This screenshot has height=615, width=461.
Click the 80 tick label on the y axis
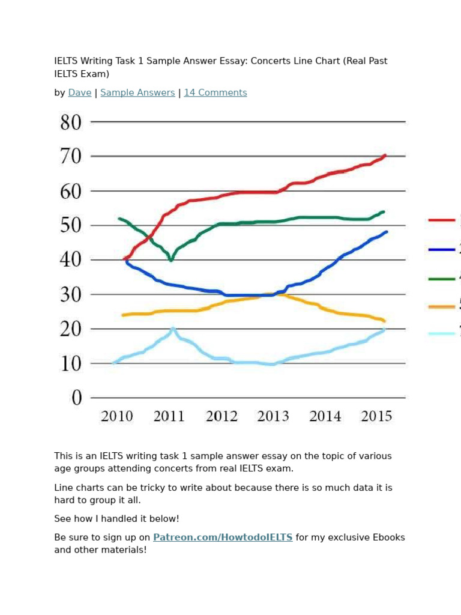click(x=70, y=123)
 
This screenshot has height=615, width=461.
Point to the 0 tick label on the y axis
click(x=76, y=398)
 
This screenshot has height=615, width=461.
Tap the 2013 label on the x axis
click(x=273, y=416)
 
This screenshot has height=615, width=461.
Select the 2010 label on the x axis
click(x=116, y=416)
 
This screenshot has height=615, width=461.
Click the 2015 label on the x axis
click(x=376, y=416)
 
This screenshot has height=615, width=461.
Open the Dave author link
click(x=80, y=92)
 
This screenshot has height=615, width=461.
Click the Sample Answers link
click(x=137, y=92)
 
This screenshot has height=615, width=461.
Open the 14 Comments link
click(x=215, y=92)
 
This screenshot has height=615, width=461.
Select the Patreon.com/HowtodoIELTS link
click(x=223, y=538)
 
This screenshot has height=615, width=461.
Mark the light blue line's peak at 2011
click(x=173, y=329)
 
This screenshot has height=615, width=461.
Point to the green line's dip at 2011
click(x=171, y=260)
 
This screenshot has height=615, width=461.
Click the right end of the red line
click(x=385, y=156)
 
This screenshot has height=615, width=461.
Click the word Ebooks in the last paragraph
click(x=390, y=538)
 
